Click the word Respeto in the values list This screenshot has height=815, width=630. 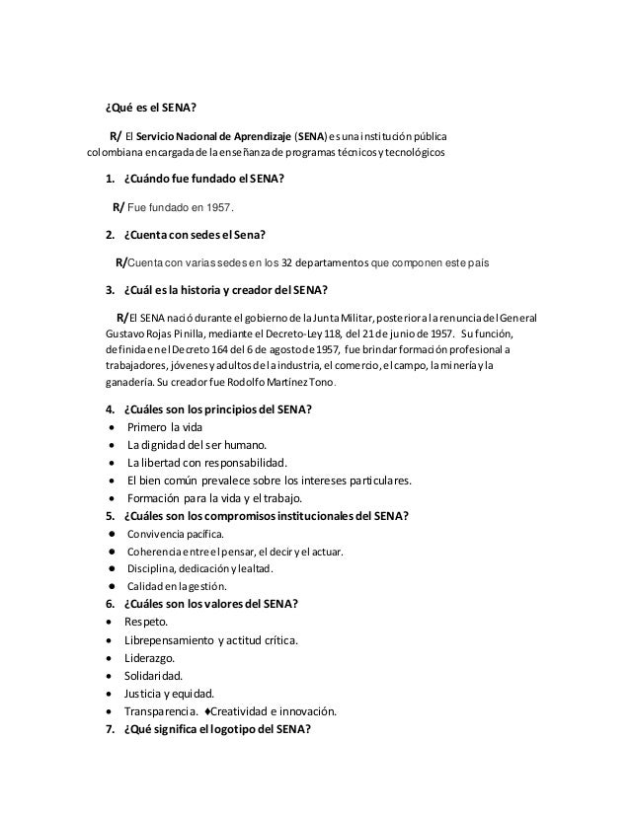[x=145, y=622]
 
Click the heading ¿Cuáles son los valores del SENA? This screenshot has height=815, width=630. [x=211, y=604]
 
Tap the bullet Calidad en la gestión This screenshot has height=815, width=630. [x=170, y=587]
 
